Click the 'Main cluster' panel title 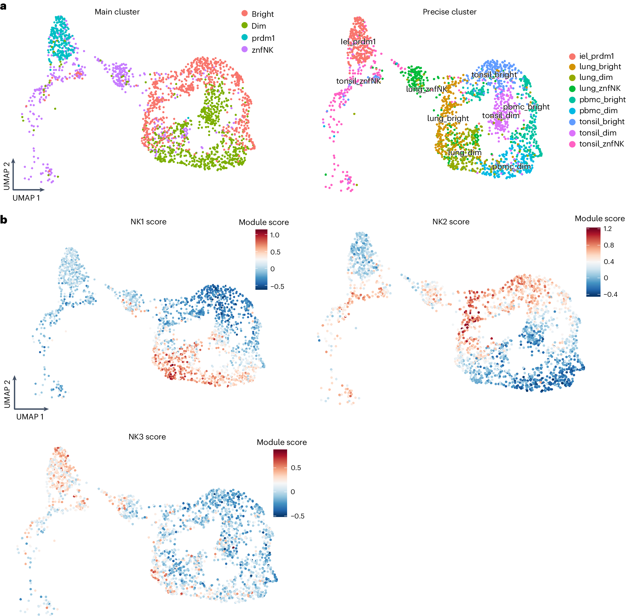click(117, 12)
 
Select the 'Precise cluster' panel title click(449, 12)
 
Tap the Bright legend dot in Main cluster click(245, 13)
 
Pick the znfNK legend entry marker click(245, 49)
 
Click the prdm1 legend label click(263, 38)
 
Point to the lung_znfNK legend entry click(599, 88)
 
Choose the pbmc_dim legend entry click(598, 111)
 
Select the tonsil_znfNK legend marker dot click(572, 144)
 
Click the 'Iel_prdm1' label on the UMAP click(358, 42)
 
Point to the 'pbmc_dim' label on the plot click(511, 166)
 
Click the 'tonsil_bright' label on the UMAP click(494, 75)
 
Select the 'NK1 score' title click(148, 222)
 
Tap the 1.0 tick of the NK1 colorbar click(274, 235)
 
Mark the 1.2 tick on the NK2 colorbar click(607, 229)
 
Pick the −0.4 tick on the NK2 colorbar click(610, 294)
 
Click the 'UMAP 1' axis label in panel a click(26, 198)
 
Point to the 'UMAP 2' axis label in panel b click(7, 394)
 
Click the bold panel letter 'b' click(3, 220)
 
